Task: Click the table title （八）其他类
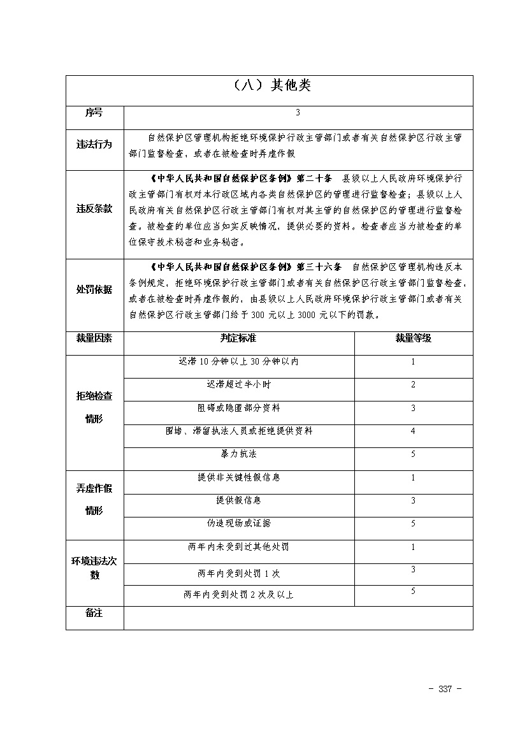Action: (x=269, y=85)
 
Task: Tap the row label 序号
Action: (x=94, y=113)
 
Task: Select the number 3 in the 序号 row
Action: (x=298, y=113)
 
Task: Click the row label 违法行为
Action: (x=94, y=144)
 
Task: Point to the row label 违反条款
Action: (x=94, y=209)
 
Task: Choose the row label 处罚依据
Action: (x=94, y=290)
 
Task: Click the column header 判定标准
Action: (x=238, y=338)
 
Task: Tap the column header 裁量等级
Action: (x=413, y=338)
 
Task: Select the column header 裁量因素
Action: (x=94, y=338)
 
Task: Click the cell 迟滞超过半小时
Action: (x=238, y=385)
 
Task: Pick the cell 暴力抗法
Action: (x=238, y=454)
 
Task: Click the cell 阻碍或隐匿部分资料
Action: (x=238, y=408)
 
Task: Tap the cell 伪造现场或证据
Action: (x=238, y=523)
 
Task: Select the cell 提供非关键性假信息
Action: (x=238, y=477)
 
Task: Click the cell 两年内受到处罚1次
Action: (x=238, y=574)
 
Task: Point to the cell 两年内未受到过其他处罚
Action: (x=238, y=547)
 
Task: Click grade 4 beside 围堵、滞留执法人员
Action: (x=413, y=431)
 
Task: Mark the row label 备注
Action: (x=94, y=613)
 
